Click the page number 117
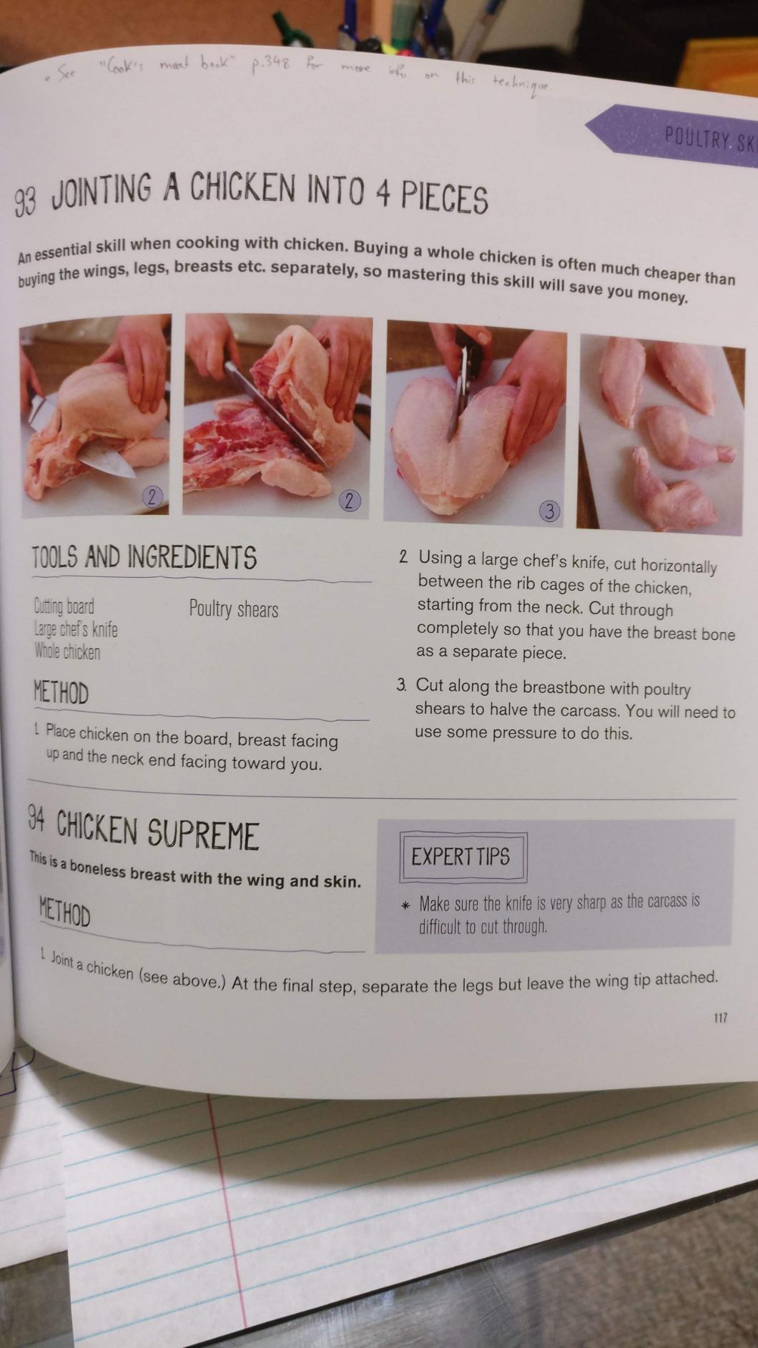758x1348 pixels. point(720,1017)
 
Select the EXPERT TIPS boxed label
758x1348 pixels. point(461,856)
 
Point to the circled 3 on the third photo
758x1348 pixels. point(548,511)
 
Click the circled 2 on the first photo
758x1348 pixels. point(152,496)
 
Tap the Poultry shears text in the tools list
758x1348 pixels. point(234,609)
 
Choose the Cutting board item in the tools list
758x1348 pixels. point(64,606)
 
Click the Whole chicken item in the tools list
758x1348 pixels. point(67,651)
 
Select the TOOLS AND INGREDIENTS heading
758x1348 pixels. point(144,556)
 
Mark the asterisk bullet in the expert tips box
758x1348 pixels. point(405,905)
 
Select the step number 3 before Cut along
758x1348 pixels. point(402,684)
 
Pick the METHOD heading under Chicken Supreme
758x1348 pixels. point(65,912)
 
